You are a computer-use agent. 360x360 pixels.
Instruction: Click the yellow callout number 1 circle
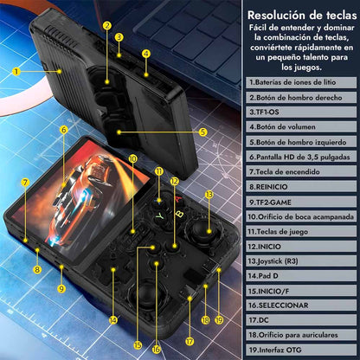pos(16,71)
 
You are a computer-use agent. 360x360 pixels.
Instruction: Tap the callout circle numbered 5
pos(203,132)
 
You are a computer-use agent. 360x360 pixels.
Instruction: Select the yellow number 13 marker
pos(209,195)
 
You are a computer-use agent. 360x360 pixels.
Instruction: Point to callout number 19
pos(219,320)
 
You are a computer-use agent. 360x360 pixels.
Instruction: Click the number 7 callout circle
pos(25,182)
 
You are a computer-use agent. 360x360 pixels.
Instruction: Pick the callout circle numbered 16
pos(156,350)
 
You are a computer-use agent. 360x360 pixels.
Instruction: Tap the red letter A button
pos(178,199)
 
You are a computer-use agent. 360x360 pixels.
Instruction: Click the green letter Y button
pos(159,215)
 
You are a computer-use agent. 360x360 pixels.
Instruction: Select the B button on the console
pos(179,214)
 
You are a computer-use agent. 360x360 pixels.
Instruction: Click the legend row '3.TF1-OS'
pos(301,112)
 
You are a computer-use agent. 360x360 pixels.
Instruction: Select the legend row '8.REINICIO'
pos(301,187)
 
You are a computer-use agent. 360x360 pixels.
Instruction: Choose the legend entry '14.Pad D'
pos(301,276)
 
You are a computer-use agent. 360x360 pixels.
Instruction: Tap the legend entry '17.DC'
pos(301,320)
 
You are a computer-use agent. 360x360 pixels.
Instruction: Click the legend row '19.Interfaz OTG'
pos(301,350)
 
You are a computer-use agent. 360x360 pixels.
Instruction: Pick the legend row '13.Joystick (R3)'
pos(301,261)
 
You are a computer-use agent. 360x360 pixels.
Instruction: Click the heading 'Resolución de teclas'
pos(302,15)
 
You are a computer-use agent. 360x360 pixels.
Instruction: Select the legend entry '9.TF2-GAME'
pos(301,202)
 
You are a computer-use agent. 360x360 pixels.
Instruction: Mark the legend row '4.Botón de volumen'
pos(301,126)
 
